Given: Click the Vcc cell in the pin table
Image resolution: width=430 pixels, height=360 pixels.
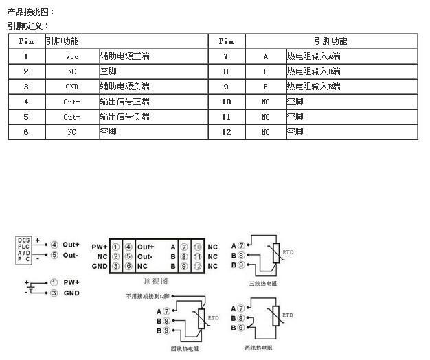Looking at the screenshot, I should [x=72, y=56].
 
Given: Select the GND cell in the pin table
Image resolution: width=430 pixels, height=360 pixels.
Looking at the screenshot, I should [x=72, y=87].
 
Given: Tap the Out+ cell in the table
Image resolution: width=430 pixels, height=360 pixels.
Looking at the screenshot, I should [x=72, y=102].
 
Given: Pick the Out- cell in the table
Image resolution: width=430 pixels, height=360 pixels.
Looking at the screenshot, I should [x=72, y=117].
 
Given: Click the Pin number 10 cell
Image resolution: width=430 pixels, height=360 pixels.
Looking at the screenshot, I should [x=226, y=102].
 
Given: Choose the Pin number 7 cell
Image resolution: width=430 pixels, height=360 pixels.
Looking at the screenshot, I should [x=226, y=56].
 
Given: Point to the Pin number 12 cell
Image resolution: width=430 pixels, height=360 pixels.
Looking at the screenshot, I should [x=226, y=132].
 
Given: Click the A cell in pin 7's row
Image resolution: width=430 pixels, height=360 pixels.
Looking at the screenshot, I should [x=265, y=56].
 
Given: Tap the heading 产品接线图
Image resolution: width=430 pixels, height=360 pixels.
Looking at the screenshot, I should [x=30, y=12].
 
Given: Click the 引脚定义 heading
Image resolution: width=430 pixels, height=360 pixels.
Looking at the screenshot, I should [x=27, y=26].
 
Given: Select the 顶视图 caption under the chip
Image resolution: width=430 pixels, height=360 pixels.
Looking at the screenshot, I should [x=156, y=281].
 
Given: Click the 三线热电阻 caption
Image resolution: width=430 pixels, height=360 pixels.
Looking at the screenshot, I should [x=264, y=283].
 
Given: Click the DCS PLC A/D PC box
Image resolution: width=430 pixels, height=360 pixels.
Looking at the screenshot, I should [x=24, y=250].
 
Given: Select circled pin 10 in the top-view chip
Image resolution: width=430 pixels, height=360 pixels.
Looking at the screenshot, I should [x=197, y=247].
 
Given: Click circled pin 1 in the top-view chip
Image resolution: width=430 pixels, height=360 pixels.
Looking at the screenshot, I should [x=116, y=247].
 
